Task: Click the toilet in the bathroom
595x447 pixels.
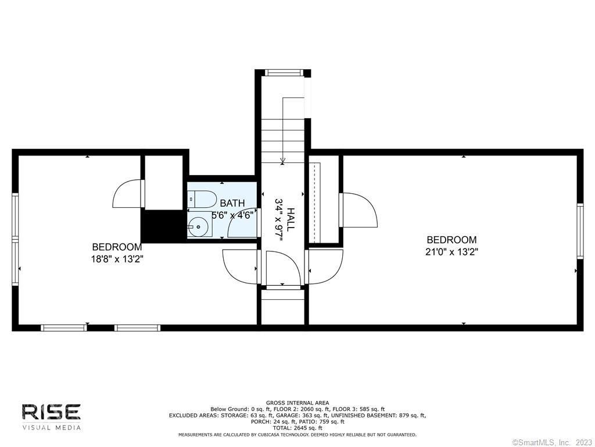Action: (202, 200)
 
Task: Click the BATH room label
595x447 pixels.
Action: (232, 203)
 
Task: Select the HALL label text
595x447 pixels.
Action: (291, 219)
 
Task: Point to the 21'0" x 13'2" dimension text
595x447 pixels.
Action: (451, 251)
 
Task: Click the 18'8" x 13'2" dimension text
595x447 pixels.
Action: (117, 259)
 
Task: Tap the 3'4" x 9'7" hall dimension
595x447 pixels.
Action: (279, 219)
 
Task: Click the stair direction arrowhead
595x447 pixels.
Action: (282, 161)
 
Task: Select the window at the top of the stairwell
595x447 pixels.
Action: (284, 73)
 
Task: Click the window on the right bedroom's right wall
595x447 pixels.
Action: (580, 231)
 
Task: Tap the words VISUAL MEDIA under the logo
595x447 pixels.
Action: (52, 428)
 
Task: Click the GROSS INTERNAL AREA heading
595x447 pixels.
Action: (297, 403)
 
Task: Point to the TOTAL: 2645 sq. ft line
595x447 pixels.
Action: (297, 428)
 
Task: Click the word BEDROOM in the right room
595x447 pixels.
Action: (451, 240)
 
